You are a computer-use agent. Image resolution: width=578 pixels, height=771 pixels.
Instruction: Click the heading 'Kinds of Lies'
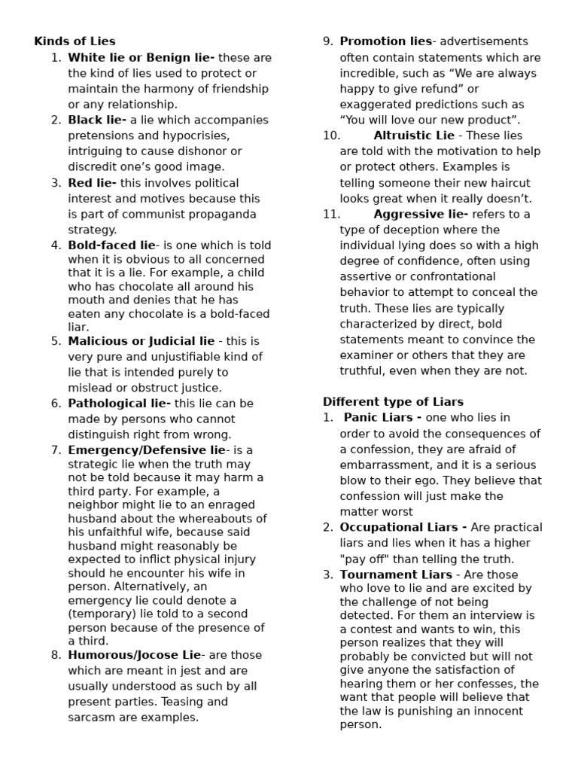coord(75,41)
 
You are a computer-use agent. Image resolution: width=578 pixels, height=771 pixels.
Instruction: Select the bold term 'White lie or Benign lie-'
coord(141,57)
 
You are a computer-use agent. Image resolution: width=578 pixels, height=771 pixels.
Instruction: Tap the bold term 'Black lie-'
coord(97,120)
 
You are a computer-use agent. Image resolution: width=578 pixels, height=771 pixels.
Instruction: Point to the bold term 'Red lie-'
coord(92,183)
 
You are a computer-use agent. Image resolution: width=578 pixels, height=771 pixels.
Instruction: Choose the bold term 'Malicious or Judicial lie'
coord(141,340)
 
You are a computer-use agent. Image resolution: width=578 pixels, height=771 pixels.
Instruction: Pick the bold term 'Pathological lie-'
coord(119,404)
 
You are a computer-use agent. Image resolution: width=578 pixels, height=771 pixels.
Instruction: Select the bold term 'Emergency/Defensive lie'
coord(147,450)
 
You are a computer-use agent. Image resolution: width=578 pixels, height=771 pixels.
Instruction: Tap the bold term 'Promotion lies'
coord(385,41)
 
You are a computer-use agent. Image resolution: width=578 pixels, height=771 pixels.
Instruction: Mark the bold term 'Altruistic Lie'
coord(414,136)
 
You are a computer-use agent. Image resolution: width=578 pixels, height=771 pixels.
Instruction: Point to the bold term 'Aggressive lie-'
coord(420,214)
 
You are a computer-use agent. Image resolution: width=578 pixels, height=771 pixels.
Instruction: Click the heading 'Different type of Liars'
coord(393,402)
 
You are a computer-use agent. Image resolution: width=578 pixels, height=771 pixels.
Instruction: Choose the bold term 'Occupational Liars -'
coord(403,527)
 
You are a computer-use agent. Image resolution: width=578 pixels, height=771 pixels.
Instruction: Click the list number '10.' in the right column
coord(331,136)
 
